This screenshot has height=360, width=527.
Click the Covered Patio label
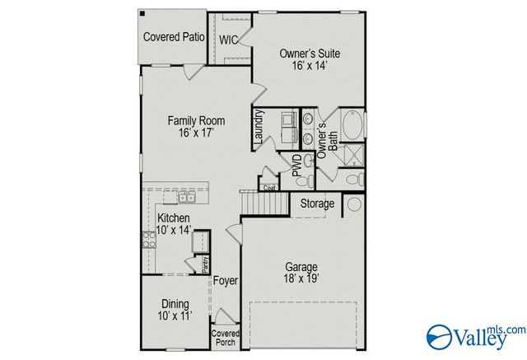(174, 37)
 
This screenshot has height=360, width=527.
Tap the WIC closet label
(229, 40)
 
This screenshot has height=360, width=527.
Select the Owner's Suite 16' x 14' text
(309, 59)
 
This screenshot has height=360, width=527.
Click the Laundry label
(259, 128)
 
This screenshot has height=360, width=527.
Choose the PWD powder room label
(296, 165)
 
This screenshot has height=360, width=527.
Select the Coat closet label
(269, 188)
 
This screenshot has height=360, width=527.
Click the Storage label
(317, 203)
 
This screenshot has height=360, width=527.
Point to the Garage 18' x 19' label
(301, 273)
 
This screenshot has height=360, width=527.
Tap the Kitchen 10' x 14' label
(174, 223)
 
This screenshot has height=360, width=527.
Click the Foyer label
(225, 281)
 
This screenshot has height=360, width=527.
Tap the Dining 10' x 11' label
(174, 310)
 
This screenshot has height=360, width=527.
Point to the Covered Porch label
(224, 338)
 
